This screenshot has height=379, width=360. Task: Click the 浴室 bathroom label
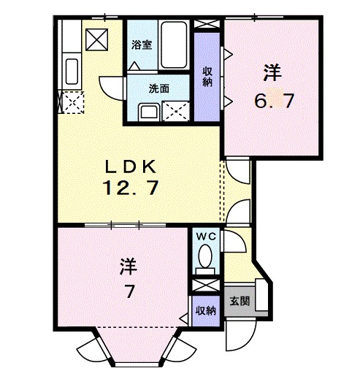pyautogui.click(x=142, y=45)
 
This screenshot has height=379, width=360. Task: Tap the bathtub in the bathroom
pyautogui.click(x=174, y=45)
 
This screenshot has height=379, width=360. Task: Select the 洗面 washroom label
pyautogui.click(x=159, y=89)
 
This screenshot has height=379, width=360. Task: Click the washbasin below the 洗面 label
pyautogui.click(x=149, y=112)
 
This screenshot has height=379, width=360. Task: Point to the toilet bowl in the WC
pyautogui.click(x=205, y=256)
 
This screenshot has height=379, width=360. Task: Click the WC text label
pyautogui.click(x=206, y=237)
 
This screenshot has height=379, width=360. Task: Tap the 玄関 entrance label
pyautogui.click(x=240, y=301)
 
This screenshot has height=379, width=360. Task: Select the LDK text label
pyautogui.click(x=130, y=167)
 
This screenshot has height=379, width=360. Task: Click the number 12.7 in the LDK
pyautogui.click(x=131, y=188)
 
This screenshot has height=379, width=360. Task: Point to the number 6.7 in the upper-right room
pyautogui.click(x=274, y=101)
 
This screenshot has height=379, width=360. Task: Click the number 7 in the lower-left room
pyautogui.click(x=129, y=291)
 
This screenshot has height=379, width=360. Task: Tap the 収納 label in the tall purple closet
pyautogui.click(x=207, y=77)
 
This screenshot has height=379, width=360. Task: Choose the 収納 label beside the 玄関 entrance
pyautogui.click(x=206, y=311)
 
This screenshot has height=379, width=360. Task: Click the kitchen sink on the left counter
pyautogui.click(x=72, y=72)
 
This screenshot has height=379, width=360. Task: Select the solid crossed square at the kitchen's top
pyautogui.click(x=97, y=39)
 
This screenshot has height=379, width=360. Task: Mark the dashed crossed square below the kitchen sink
pyautogui.click(x=73, y=102)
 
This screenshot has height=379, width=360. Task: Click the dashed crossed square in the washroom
pyautogui.click(x=176, y=111)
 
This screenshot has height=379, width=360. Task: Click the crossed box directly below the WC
pyautogui.click(x=206, y=286)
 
